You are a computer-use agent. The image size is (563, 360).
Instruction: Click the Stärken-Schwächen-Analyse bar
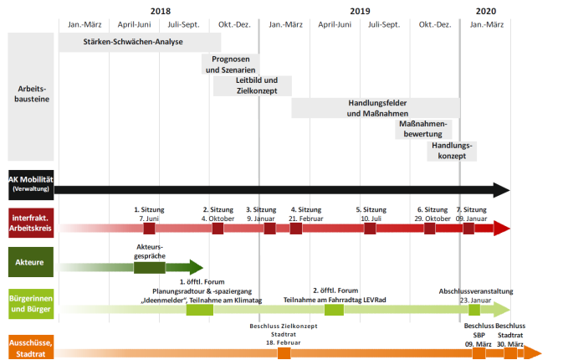[139, 42]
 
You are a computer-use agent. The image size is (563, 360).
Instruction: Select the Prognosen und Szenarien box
[230, 64]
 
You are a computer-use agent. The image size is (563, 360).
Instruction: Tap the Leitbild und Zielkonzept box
[252, 85]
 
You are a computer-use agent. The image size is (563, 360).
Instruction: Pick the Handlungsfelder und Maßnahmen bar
[375, 107]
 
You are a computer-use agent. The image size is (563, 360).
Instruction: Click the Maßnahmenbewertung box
[423, 129]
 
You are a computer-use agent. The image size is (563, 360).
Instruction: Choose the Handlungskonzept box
[451, 151]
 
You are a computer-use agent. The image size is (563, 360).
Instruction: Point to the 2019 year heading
[360, 10]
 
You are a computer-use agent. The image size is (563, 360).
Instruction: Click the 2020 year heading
[485, 10]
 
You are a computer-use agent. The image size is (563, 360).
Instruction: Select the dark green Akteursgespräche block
[149, 268]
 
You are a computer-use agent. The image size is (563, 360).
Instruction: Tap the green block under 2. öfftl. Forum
[334, 310]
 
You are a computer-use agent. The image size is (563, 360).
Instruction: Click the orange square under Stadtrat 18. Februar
[284, 353]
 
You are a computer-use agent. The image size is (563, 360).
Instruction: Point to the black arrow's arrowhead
[501, 189]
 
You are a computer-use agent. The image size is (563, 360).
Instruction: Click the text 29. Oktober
[432, 218]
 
